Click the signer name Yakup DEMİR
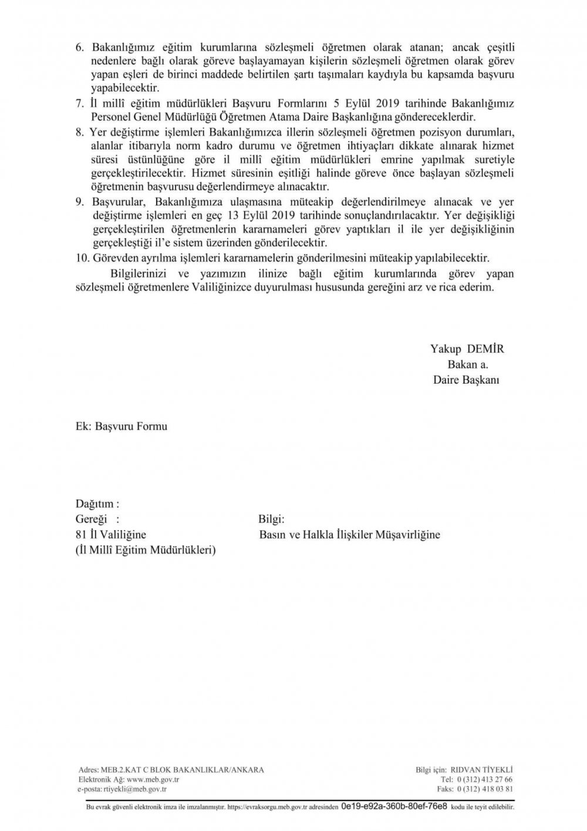[x=467, y=349]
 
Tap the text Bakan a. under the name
[x=468, y=364]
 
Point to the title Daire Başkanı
[x=466, y=380]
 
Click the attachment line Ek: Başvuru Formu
[x=122, y=426]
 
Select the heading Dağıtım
[x=97, y=504]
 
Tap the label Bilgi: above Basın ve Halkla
[x=271, y=520]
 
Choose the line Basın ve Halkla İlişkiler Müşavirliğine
[x=349, y=535]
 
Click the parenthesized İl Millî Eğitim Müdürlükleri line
[x=146, y=551]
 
